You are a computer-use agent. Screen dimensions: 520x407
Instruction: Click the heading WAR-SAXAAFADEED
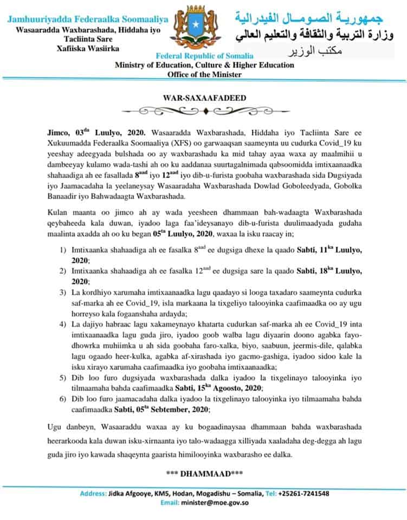click(x=204, y=98)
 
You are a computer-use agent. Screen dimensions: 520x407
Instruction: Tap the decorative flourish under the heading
click(x=204, y=112)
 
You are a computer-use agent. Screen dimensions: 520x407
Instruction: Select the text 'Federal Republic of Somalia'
click(x=204, y=56)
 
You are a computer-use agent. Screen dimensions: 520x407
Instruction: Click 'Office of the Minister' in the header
click(x=204, y=74)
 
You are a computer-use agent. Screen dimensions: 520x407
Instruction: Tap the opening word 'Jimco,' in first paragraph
click(x=56, y=132)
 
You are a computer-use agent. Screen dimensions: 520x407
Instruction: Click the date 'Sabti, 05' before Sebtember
click(x=130, y=409)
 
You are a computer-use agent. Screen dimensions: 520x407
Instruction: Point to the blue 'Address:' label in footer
click(x=93, y=493)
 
